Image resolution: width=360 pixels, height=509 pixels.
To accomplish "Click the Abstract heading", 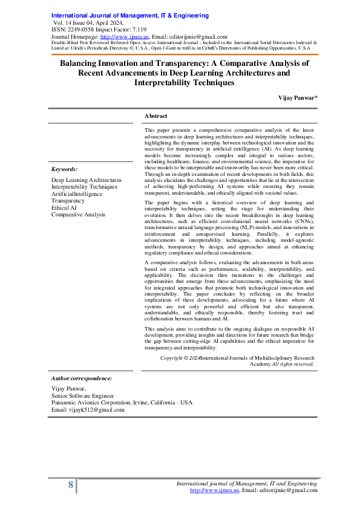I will (156, 115).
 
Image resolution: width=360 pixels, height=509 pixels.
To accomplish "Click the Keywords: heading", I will (64, 170).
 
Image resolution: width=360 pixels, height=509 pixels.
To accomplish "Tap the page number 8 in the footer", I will (71, 485).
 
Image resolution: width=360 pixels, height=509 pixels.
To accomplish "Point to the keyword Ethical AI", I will (64, 207).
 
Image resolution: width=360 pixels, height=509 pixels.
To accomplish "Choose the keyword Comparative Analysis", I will (78, 214).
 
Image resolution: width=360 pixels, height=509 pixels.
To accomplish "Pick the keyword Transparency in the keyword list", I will (68, 201).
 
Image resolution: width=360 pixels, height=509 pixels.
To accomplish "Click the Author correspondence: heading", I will (82, 378).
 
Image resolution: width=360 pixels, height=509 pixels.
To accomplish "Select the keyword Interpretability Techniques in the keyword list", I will (84, 187).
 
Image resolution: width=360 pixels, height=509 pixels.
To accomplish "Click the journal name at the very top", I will (120, 15).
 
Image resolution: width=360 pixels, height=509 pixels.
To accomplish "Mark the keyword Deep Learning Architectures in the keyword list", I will (86, 180).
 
